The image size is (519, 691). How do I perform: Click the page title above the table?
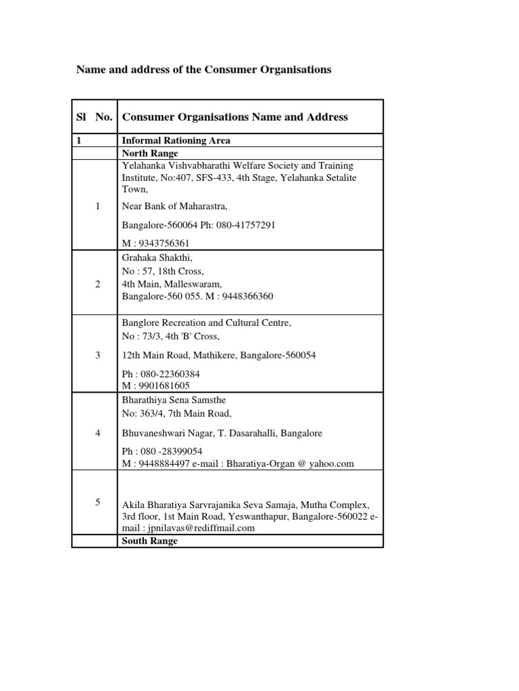[x=203, y=70]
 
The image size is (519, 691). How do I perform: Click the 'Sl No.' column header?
[x=95, y=117]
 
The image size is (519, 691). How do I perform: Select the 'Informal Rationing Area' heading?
[x=176, y=141]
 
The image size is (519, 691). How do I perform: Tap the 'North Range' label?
[x=149, y=153]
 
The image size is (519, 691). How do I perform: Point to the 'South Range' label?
[x=149, y=541]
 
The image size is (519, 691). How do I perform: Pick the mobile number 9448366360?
[x=246, y=296]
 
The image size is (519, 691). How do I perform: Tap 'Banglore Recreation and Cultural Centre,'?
[x=206, y=323]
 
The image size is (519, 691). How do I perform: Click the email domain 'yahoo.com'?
[x=331, y=464]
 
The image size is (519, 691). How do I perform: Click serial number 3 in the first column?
[x=97, y=354]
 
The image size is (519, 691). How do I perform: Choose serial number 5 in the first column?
[x=97, y=501]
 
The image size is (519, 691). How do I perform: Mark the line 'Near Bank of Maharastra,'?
[x=170, y=206]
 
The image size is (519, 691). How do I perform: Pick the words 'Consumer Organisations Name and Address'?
[x=234, y=117]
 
